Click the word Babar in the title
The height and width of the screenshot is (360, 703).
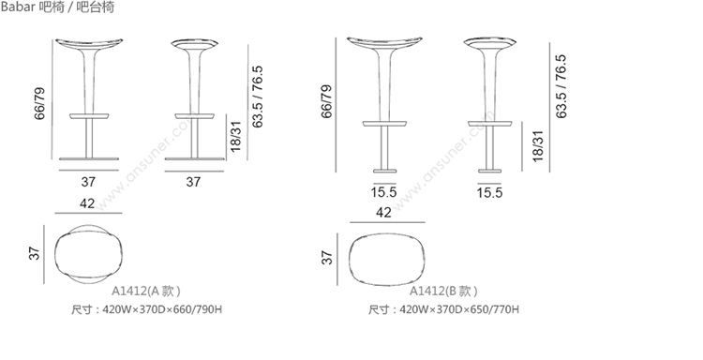pos(18,7)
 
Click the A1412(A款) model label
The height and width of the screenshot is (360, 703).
pos(146,291)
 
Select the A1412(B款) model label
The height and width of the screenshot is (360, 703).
pos(443,291)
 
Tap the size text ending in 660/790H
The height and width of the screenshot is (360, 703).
pos(146,309)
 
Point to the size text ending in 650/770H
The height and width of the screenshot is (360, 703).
pos(444,309)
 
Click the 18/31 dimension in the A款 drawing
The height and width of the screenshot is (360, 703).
pos(235,136)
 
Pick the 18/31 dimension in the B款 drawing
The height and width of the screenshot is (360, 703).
pos(537,145)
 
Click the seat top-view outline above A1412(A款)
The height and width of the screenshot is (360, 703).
pos(88,254)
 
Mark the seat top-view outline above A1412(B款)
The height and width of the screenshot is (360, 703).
pos(387,258)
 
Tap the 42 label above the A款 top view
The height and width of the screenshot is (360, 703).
pos(87,203)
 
